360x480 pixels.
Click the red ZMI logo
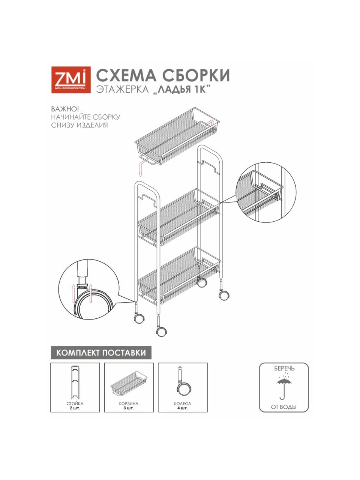point(71,80)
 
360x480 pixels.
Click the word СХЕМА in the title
point(126,75)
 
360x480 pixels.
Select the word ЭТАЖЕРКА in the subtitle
point(123,90)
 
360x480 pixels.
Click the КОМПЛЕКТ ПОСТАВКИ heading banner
point(101,352)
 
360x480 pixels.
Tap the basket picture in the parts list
point(129,383)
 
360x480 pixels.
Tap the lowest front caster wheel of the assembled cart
point(162,333)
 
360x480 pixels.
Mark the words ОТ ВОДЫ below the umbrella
point(284,407)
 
